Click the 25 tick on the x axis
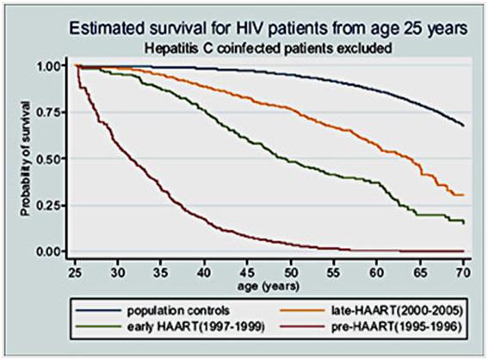click(x=75, y=271)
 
